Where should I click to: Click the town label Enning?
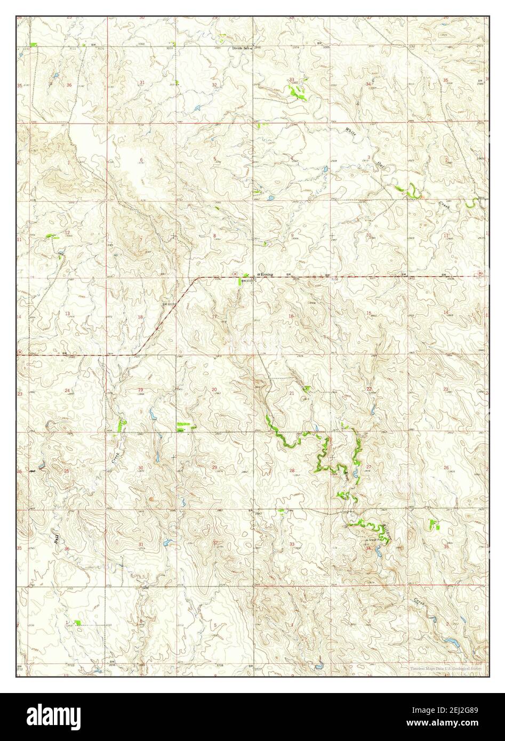pyautogui.click(x=267, y=274)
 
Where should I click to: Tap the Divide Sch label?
pyautogui.click(x=241, y=49)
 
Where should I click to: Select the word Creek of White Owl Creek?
pyautogui.click(x=445, y=204)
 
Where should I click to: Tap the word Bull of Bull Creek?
pyautogui.click(x=56, y=539)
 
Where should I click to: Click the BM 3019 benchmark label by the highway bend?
pyautogui.click(x=170, y=304)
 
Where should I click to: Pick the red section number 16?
pyautogui.click(x=291, y=316)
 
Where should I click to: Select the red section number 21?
pyautogui.click(x=291, y=393)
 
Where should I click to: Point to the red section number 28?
pyautogui.click(x=291, y=470)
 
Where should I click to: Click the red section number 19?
pyautogui.click(x=141, y=390)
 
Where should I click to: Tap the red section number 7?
pyautogui.click(x=141, y=239)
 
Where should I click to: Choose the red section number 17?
pyautogui.click(x=214, y=317)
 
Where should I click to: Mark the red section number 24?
pyautogui.click(x=67, y=391)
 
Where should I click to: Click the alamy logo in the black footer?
pyautogui.click(x=48, y=716)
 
